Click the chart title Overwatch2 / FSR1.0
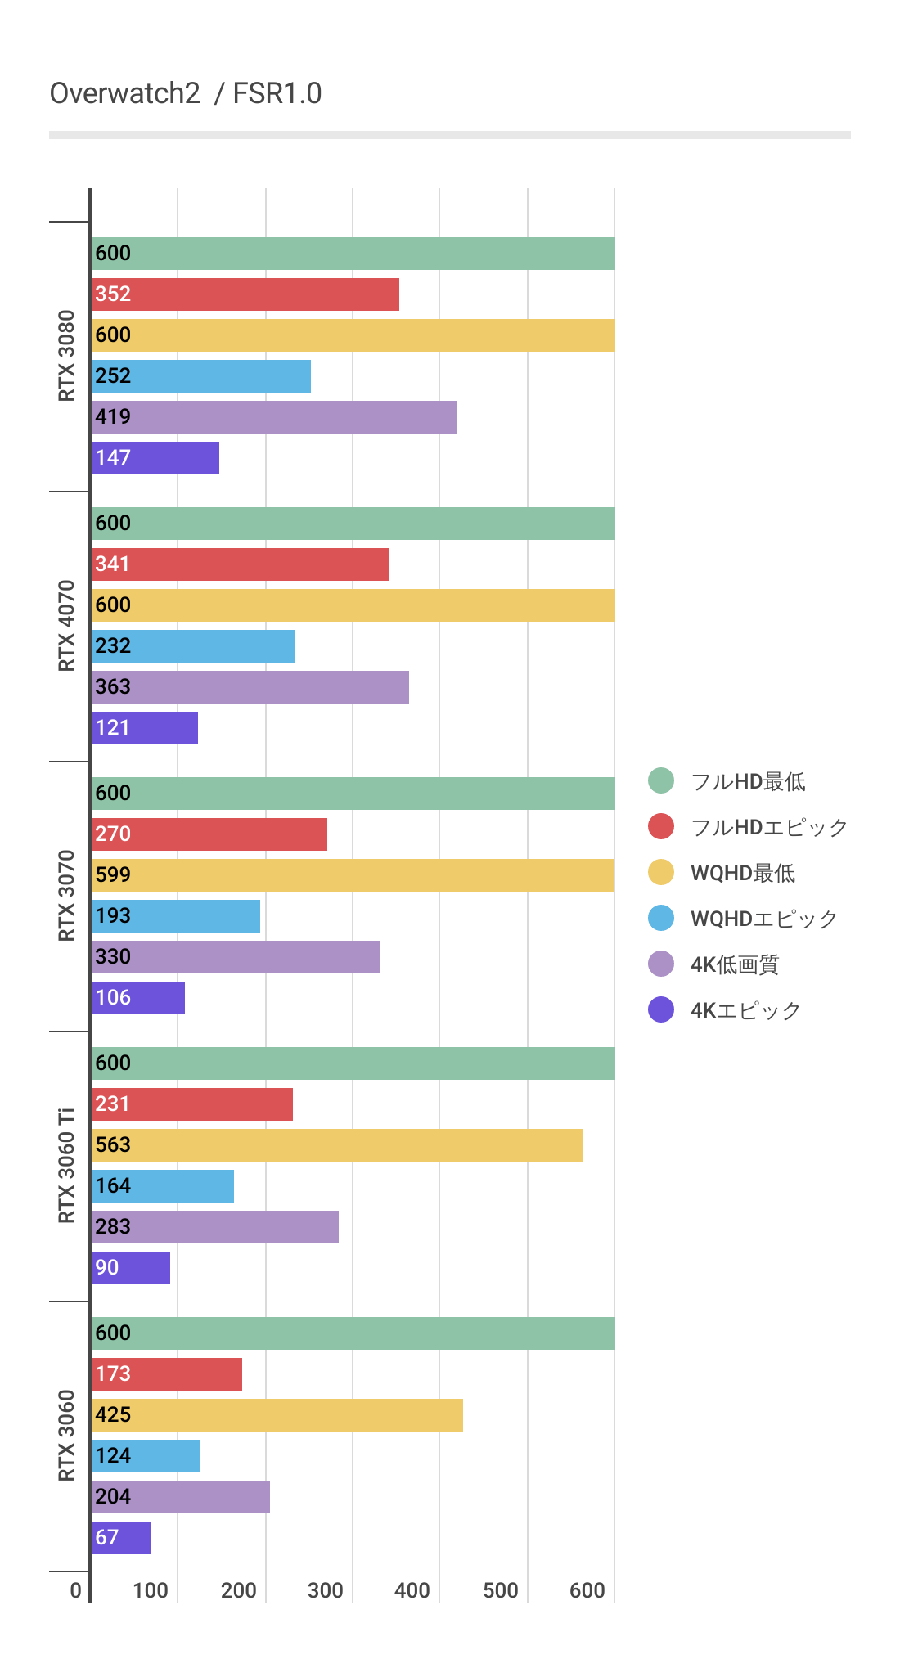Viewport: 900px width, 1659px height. click(x=186, y=93)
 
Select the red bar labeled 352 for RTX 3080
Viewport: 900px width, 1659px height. click(x=245, y=294)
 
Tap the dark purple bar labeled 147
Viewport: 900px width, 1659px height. click(x=155, y=458)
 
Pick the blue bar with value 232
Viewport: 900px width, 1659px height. click(x=193, y=646)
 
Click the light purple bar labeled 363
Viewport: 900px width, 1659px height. click(x=250, y=687)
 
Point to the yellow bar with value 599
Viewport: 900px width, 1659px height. click(x=353, y=875)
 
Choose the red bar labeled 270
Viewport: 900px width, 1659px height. click(x=209, y=834)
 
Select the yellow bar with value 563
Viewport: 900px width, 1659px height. click(x=337, y=1145)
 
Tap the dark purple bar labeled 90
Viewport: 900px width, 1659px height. click(x=131, y=1268)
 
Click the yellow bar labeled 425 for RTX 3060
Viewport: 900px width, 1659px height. click(x=277, y=1415)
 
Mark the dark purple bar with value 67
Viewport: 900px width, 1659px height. click(x=121, y=1538)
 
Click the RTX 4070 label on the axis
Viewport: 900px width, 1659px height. click(x=66, y=626)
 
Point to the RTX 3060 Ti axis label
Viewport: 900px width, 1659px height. click(x=66, y=1166)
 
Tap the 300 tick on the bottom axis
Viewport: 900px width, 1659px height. click(x=326, y=1590)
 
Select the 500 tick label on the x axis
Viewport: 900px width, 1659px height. click(x=500, y=1590)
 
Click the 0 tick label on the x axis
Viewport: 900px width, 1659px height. click(x=76, y=1590)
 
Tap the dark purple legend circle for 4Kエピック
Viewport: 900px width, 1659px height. click(x=661, y=1010)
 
